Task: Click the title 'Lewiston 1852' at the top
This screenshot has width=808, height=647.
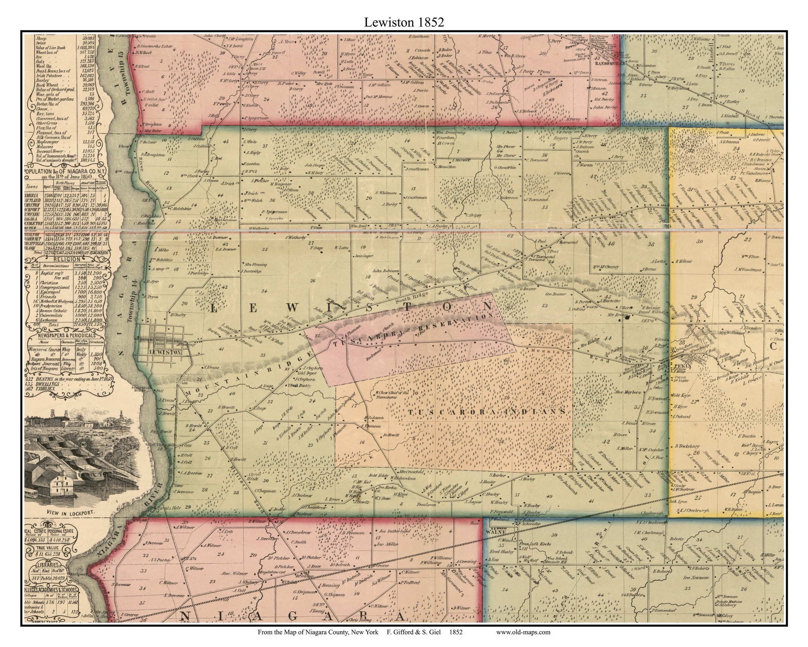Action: point(404,22)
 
